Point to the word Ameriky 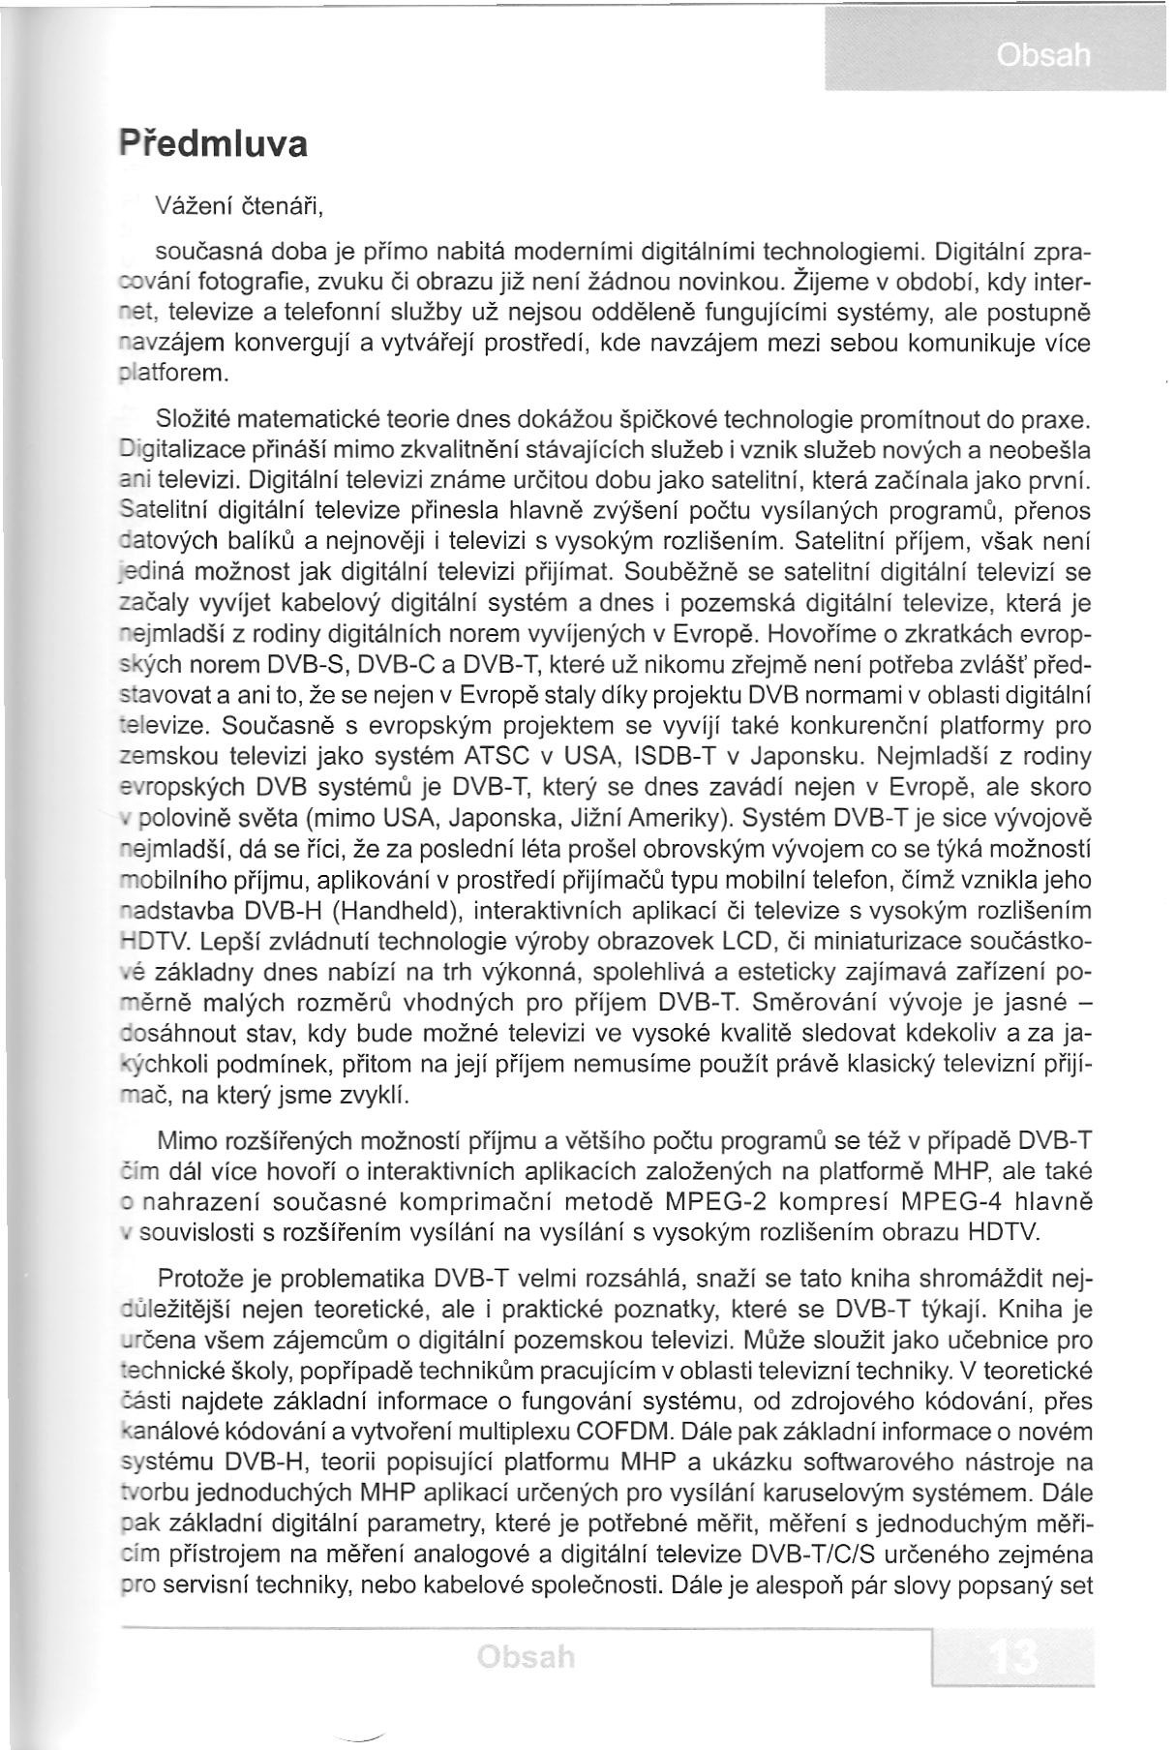667,818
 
